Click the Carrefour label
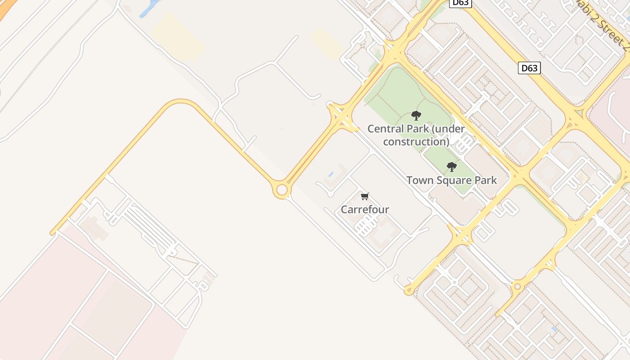point(364,209)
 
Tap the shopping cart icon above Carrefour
point(365,196)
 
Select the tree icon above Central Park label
point(416,116)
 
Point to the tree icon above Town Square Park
point(452,167)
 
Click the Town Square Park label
point(452,180)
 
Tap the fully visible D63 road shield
point(529,68)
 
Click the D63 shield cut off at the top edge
point(460,3)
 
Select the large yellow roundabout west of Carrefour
point(282,190)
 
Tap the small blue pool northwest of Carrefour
point(331,174)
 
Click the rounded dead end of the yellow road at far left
point(53,233)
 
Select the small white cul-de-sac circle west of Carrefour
point(330,194)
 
